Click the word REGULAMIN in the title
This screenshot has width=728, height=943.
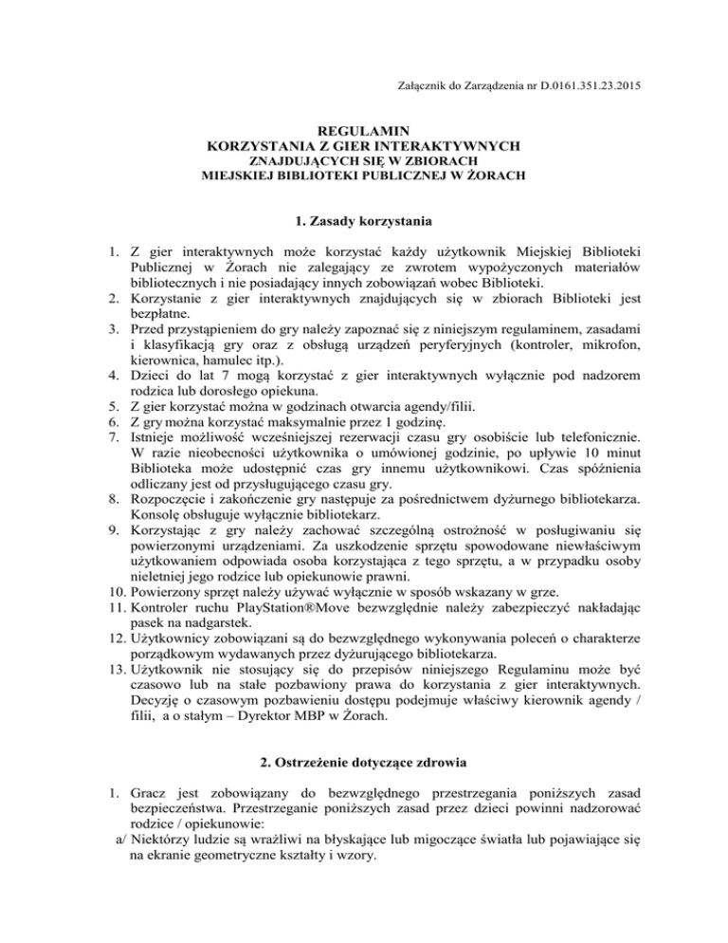point(364,130)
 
